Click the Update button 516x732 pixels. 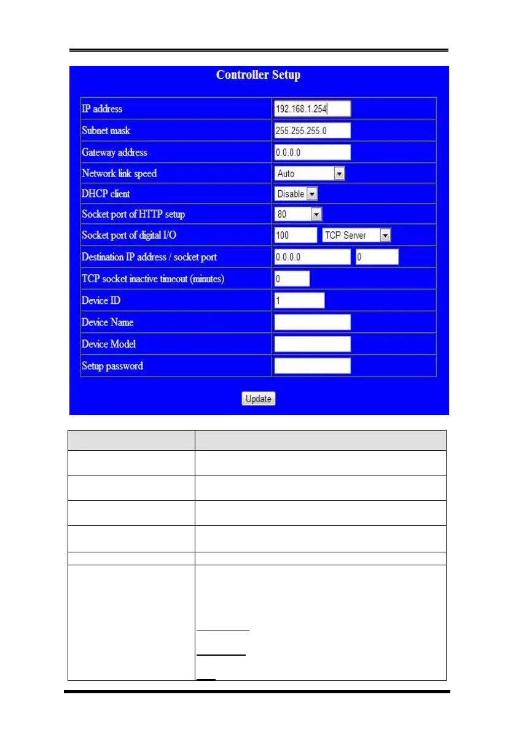[x=258, y=399]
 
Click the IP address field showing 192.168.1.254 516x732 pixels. [x=312, y=109]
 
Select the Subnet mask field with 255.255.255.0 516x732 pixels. [x=312, y=130]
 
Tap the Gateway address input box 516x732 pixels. [x=312, y=152]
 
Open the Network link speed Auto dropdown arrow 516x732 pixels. [x=339, y=173]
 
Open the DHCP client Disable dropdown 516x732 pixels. [x=296, y=194]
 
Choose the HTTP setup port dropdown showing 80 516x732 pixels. [x=298, y=214]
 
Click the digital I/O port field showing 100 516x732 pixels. [x=295, y=235]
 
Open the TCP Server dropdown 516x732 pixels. [x=356, y=235]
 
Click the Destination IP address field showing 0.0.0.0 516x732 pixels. [x=312, y=257]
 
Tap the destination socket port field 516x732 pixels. [x=377, y=257]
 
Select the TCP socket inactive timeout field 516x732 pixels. [x=292, y=279]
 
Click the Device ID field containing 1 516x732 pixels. [x=299, y=300]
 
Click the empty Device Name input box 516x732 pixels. [x=312, y=322]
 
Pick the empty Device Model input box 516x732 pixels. [x=312, y=344]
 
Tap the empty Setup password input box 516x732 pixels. [x=312, y=366]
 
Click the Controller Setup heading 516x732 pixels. [x=258, y=75]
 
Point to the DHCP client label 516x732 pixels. [x=106, y=194]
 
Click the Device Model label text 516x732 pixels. [x=108, y=344]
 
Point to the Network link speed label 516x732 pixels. [x=119, y=173]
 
